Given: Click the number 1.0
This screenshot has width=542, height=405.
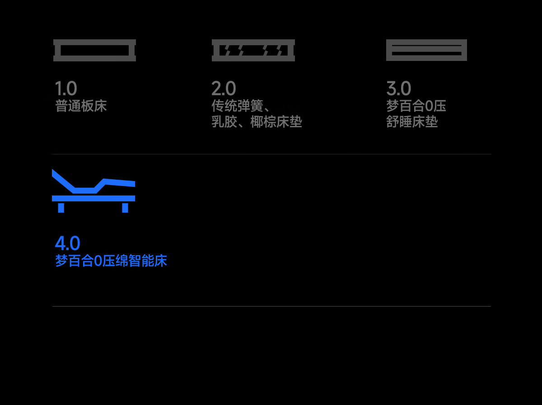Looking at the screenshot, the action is (x=66, y=88).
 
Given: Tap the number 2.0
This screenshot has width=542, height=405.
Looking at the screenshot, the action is (x=224, y=88).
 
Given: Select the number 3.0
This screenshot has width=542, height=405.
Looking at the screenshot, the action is (x=399, y=88).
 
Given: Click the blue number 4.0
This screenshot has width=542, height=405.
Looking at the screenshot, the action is (x=68, y=243).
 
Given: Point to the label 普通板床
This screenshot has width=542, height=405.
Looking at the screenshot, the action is (x=81, y=106).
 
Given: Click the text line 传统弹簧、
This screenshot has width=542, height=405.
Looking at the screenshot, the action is (x=240, y=106).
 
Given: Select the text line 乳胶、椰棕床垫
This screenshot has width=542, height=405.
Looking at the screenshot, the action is (x=257, y=121).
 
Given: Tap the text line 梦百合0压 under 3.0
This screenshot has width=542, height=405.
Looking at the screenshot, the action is (x=416, y=106).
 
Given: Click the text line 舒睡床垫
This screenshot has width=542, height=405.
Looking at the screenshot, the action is (x=412, y=121).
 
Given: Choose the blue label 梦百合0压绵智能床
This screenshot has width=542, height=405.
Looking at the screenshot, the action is (x=111, y=261).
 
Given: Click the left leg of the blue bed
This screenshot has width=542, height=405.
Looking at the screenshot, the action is (x=61, y=208).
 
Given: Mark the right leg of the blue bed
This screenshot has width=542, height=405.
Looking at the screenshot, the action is (x=125, y=208).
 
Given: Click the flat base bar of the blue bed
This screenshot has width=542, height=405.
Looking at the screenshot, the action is (x=93, y=198).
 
